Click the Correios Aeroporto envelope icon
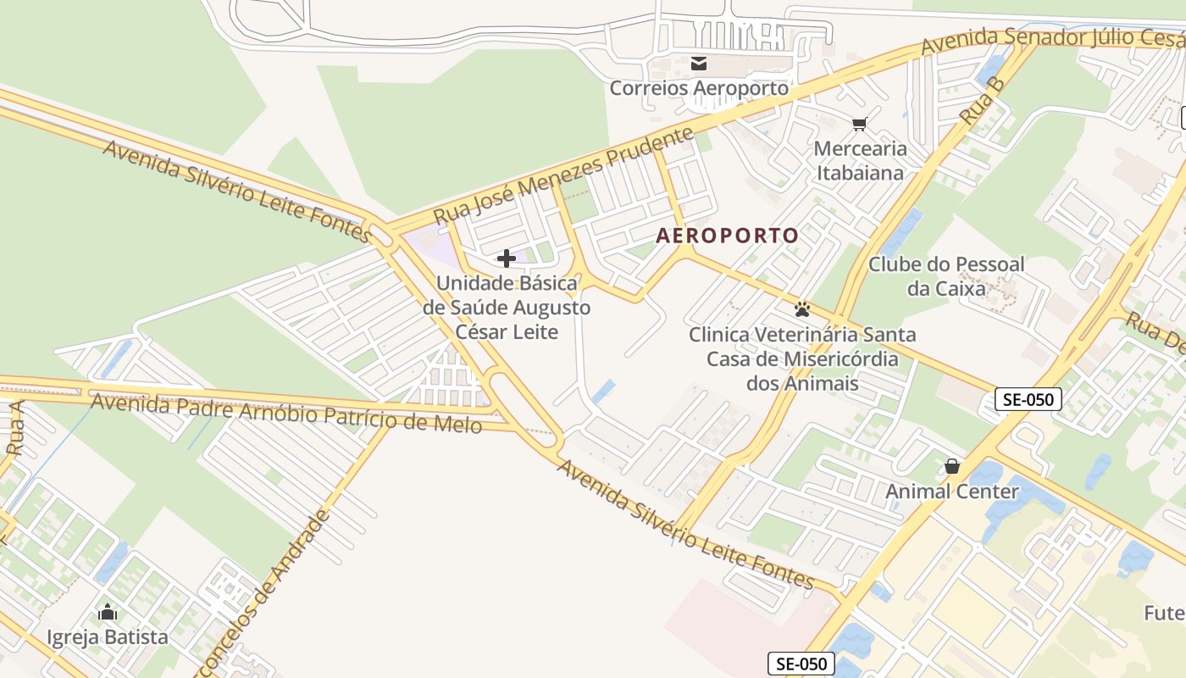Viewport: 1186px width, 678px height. point(699,64)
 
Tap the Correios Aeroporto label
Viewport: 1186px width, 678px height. point(699,88)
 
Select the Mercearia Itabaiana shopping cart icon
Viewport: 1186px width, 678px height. point(859,125)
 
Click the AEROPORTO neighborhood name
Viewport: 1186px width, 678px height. point(728,236)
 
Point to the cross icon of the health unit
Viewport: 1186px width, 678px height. point(507,258)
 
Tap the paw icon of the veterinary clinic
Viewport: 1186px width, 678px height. point(802,309)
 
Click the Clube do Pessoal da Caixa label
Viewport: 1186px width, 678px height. point(946,276)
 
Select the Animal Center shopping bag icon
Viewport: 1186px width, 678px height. point(952,466)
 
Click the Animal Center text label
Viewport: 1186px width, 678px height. point(952,492)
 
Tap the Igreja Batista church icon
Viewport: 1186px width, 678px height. point(108,612)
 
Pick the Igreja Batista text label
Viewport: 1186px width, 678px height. point(108,637)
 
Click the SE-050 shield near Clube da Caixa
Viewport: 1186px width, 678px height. point(1028,399)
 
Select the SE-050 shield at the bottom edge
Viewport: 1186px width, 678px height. point(801,664)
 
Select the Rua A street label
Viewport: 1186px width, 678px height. point(15,430)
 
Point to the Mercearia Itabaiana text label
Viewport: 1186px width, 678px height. point(859,161)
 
